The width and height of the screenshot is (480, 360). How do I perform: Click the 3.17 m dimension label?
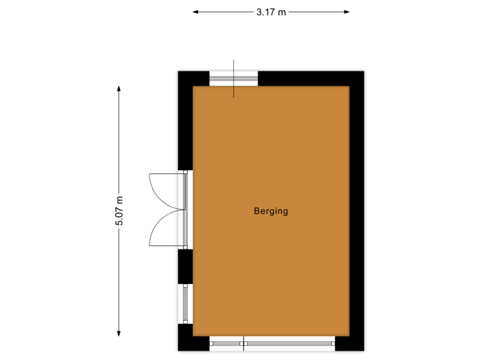pos(271,11)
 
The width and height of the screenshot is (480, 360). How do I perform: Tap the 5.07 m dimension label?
pos(119,211)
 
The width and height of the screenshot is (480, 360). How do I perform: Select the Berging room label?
pos(271,211)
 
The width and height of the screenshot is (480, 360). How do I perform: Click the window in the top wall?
pos(233,78)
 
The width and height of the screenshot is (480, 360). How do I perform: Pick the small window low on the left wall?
pos(185,303)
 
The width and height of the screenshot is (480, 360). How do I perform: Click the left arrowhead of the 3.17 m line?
pos(195,11)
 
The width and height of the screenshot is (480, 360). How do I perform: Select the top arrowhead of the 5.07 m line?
pos(119,89)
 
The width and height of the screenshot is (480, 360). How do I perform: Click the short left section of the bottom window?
pos(227,344)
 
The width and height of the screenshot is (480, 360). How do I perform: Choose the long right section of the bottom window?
pos(289,344)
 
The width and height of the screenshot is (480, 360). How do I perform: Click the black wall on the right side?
pos(358,211)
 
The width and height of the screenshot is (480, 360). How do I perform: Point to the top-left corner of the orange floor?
pos(194,87)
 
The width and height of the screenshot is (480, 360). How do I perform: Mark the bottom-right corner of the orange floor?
pos(349,335)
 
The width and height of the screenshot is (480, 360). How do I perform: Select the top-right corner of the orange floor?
pos(349,87)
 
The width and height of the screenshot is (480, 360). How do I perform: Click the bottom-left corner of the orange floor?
pos(194,335)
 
